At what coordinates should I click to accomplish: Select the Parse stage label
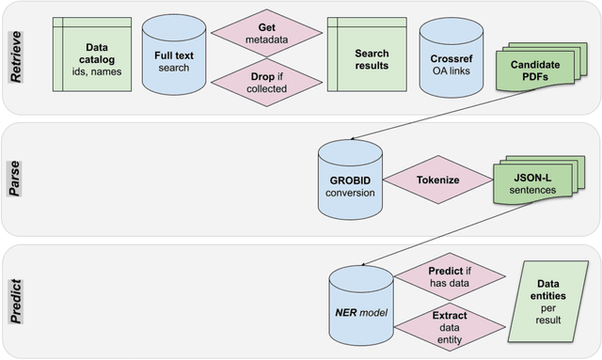16,178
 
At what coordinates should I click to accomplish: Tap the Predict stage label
16,299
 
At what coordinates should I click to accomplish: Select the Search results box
356,57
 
